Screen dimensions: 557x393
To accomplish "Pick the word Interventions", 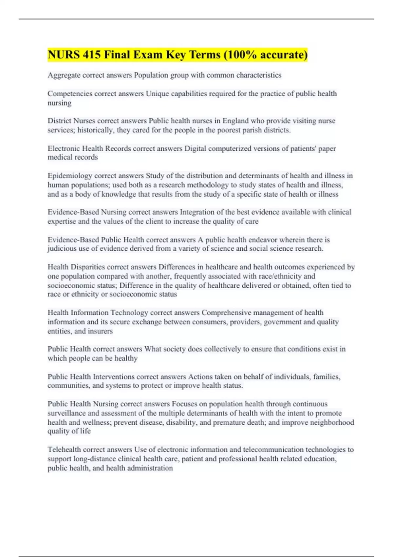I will tap(114, 377).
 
